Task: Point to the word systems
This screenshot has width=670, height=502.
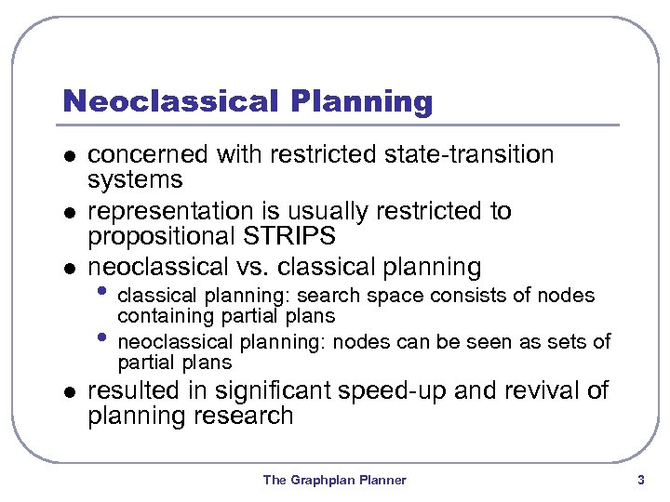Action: pyautogui.click(x=135, y=178)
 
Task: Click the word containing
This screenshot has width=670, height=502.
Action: pyautogui.click(x=160, y=317)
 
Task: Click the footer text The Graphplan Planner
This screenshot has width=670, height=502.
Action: pyautogui.click(x=334, y=480)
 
